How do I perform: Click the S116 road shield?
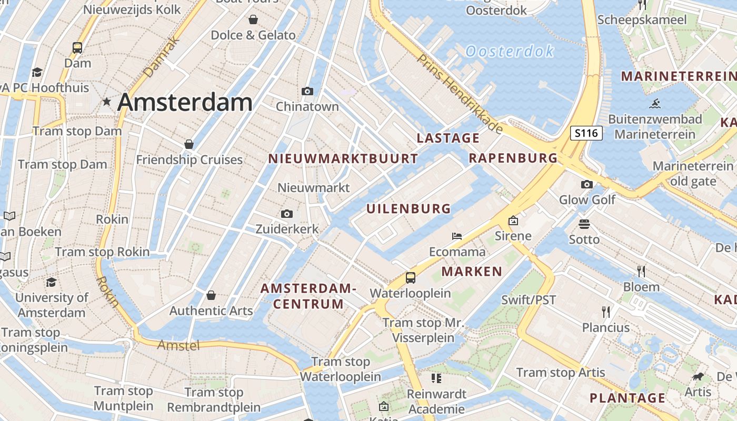pos(586,133)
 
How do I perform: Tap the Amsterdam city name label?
pos(185,102)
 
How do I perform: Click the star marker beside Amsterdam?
pos(107,102)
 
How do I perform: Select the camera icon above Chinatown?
pos(307,91)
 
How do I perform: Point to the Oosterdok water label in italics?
pos(510,51)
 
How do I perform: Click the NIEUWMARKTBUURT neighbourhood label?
pos(343,158)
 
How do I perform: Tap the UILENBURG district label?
pos(409,209)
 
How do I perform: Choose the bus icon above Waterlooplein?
pos(410,277)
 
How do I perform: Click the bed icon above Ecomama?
pos(457,236)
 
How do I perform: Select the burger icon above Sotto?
pos(584,224)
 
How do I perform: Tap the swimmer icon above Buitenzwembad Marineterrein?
pos(655,103)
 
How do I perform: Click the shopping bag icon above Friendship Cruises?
pos(189,144)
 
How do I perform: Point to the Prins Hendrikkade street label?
pos(460,93)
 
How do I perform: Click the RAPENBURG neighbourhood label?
pos(513,158)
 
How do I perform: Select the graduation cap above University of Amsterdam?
pos(51,283)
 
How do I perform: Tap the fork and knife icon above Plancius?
pos(606,312)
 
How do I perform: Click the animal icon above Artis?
pos(699,376)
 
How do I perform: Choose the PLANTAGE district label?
pos(627,398)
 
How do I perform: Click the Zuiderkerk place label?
pos(287,229)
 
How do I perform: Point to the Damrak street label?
pos(161,58)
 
